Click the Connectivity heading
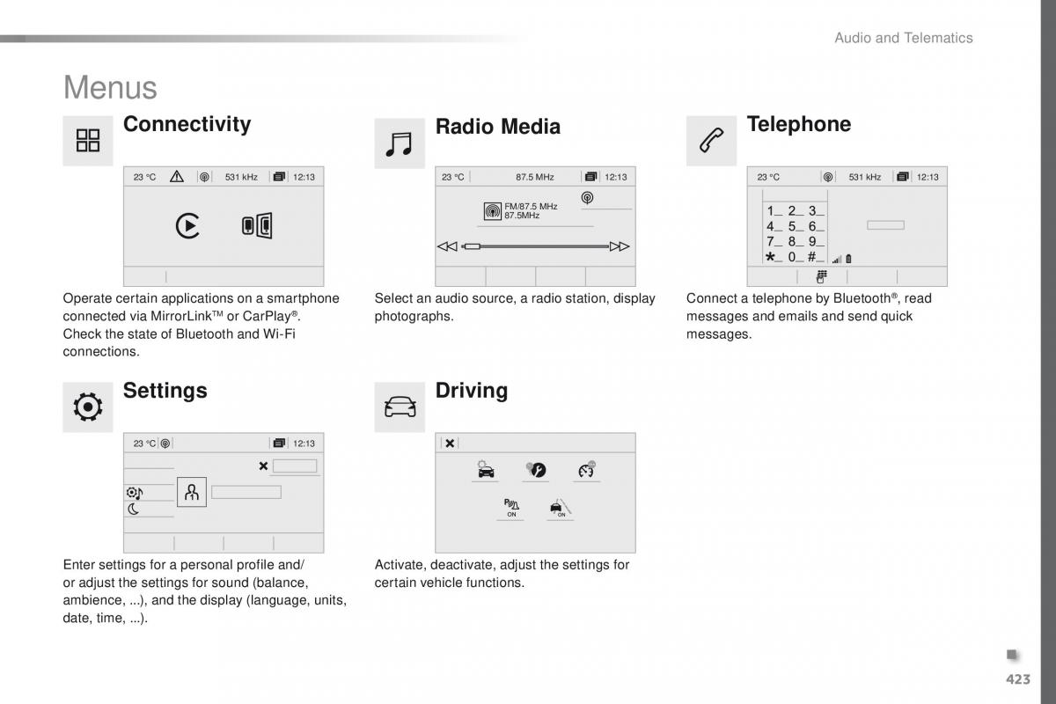[x=187, y=124]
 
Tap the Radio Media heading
[x=497, y=127]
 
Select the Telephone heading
[x=798, y=124]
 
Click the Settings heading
[x=165, y=390]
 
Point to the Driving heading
[x=471, y=390]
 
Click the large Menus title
[x=110, y=87]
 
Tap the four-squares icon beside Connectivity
[x=88, y=140]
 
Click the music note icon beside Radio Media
[x=400, y=143]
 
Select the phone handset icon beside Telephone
[x=711, y=140]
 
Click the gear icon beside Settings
[x=88, y=407]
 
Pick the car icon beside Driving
[x=400, y=407]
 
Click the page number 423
[x=1016, y=678]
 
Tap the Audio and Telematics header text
[x=903, y=38]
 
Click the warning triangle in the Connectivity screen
[x=177, y=177]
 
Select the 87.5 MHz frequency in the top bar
[x=535, y=177]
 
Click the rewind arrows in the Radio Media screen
[x=447, y=246]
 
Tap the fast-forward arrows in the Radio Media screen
[x=620, y=246]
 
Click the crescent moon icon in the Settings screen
[x=133, y=509]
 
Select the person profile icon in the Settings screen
[x=192, y=492]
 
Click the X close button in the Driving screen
[x=450, y=444]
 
